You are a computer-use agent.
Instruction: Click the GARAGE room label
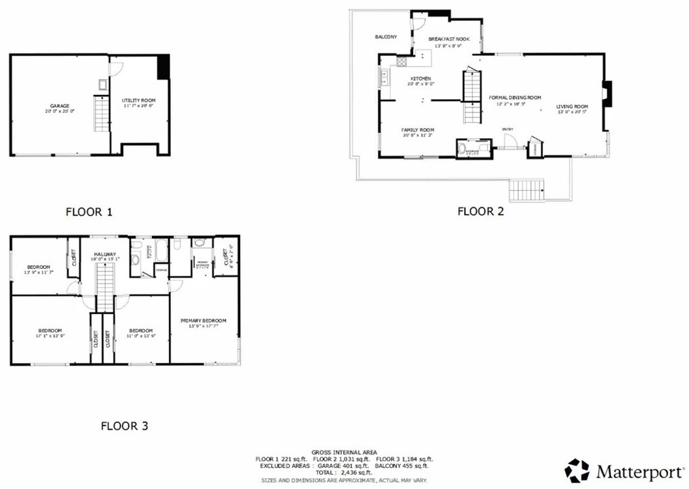click(60, 106)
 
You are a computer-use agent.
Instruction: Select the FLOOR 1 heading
click(89, 211)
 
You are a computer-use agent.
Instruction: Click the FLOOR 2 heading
click(480, 211)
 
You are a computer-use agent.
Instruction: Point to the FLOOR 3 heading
click(124, 426)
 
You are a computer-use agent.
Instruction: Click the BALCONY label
click(386, 36)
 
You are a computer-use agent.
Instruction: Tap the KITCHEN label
click(421, 79)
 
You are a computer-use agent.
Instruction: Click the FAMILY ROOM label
click(417, 130)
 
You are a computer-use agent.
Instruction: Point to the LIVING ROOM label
click(572, 106)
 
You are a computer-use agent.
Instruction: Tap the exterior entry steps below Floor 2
click(526, 190)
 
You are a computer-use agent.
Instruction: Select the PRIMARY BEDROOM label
click(203, 321)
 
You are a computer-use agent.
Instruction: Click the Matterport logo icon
click(577, 471)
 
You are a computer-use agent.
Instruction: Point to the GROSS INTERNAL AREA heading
click(344, 452)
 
